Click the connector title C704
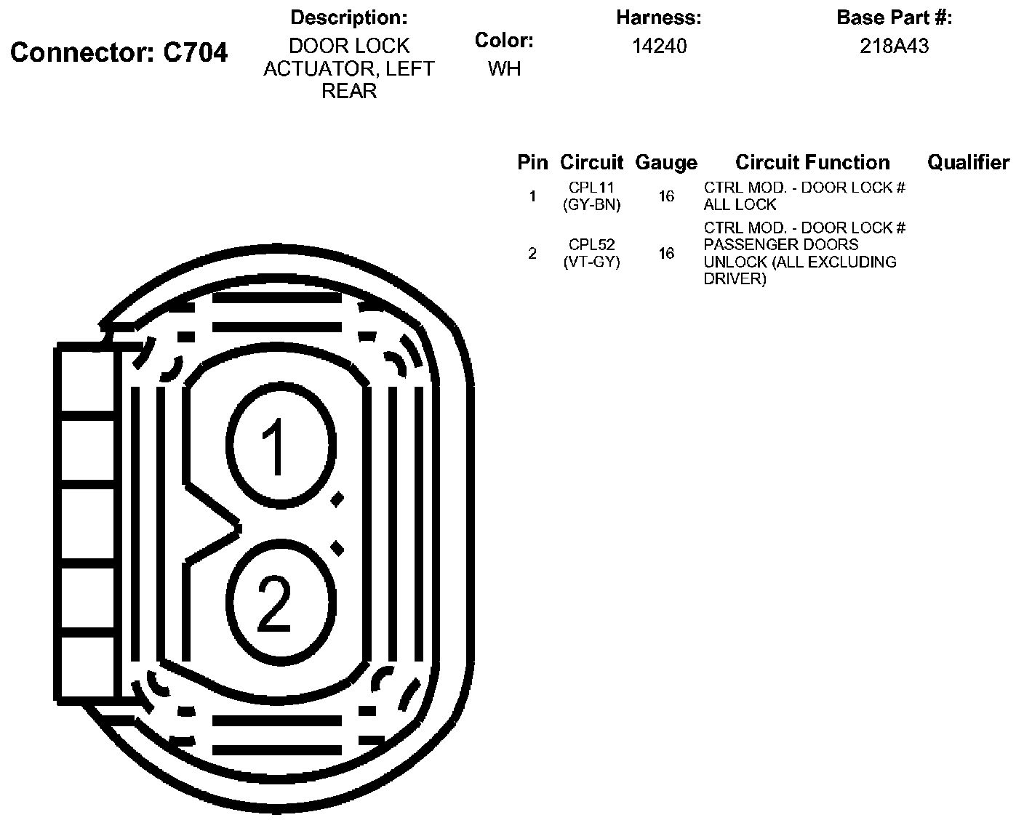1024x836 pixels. coord(119,52)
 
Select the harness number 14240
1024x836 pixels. coord(659,47)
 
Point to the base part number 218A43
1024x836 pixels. coord(894,47)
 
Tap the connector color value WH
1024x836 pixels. coord(504,69)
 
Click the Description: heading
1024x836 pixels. coord(348,17)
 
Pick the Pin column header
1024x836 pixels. coord(532,163)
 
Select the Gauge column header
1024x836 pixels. coord(665,163)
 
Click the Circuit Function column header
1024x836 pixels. coord(812,163)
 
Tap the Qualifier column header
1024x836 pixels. coord(968,163)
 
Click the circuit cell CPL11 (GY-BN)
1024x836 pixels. coord(591,196)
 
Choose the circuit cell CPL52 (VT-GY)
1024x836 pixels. coord(591,253)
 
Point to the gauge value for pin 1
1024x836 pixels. coord(666,196)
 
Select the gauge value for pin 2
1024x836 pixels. coord(666,253)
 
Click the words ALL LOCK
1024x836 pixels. coord(740,205)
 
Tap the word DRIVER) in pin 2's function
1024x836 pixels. coord(735,279)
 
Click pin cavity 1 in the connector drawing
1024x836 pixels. coord(280,445)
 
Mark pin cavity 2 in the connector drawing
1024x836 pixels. coord(280,600)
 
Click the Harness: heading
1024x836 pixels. coord(658,17)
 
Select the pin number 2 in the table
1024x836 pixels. coord(532,253)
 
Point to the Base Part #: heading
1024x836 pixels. coord(894,17)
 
